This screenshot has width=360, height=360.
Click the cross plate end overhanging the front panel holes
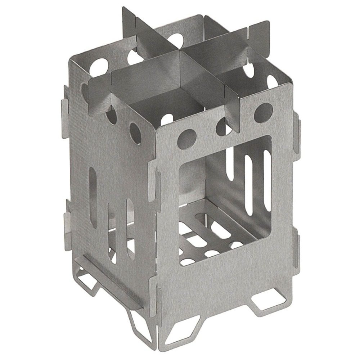pos(232,104)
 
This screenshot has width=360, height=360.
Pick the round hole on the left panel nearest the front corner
pos(135,131)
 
